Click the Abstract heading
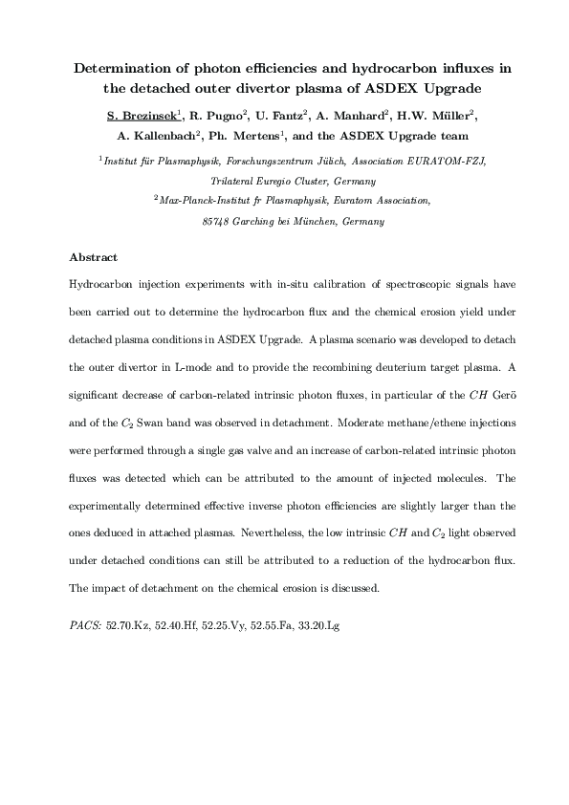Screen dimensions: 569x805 coord(94,257)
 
